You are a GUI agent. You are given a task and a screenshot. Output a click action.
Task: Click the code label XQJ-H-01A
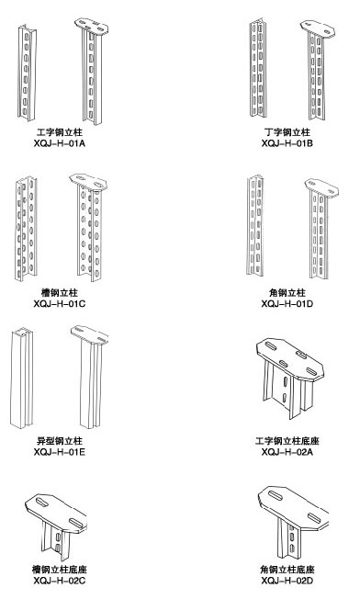click(59, 143)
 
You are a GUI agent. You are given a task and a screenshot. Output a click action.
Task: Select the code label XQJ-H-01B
click(287, 143)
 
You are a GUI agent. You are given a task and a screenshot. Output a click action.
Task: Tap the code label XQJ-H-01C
click(59, 304)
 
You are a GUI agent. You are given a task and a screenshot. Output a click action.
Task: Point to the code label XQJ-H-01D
click(287, 304)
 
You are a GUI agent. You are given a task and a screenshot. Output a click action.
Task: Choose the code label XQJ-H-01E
click(59, 452)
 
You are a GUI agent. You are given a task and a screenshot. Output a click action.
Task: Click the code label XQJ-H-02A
click(287, 452)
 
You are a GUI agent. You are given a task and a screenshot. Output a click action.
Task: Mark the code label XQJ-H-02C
click(59, 581)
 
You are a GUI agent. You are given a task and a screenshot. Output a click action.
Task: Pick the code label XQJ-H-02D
click(287, 581)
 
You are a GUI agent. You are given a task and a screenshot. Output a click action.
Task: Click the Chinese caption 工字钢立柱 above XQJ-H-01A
click(60, 132)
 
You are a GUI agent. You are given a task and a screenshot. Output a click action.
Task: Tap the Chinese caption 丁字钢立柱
click(287, 132)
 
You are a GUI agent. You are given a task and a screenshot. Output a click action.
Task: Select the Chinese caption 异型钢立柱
click(60, 441)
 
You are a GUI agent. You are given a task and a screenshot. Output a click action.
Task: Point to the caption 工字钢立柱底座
click(287, 441)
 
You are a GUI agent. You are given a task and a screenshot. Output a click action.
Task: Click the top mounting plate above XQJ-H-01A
click(92, 26)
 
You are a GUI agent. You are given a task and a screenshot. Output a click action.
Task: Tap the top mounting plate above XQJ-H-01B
click(318, 29)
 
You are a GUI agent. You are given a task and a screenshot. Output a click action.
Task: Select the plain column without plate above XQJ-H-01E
click(21, 378)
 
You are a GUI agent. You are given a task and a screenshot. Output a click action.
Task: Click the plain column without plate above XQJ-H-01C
click(26, 229)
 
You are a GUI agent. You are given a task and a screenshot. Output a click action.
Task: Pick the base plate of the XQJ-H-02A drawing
click(290, 359)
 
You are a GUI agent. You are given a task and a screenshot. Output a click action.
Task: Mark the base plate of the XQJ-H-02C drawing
click(56, 514)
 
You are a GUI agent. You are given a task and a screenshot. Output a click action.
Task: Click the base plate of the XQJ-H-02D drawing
click(293, 508)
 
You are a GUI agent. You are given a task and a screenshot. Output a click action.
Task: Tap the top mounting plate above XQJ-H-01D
click(321, 188)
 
